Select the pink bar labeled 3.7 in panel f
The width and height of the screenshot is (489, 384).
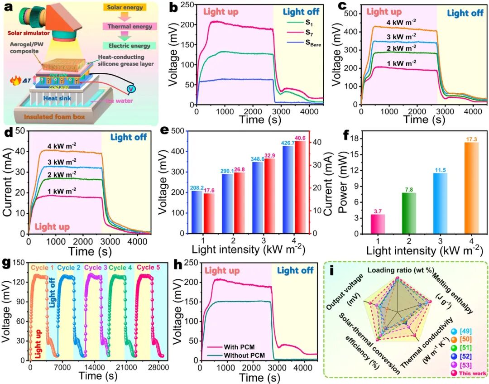coord(378,224)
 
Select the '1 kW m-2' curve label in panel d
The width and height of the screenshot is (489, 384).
coord(62,192)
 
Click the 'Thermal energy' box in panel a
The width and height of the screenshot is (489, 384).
coord(129,27)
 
